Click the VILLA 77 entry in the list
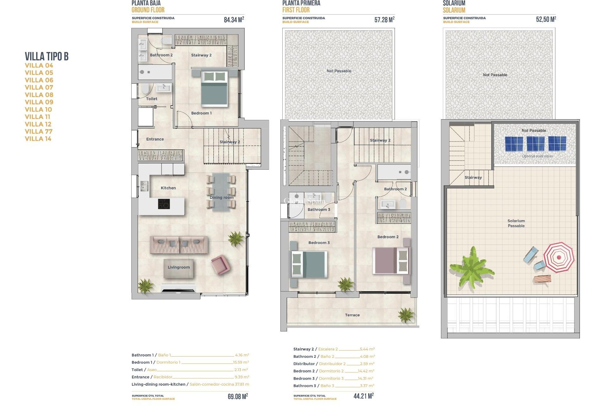point(39,131)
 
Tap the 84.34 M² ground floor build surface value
point(234,20)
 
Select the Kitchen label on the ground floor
point(168,188)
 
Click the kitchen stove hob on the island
point(164,204)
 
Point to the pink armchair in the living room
point(220,264)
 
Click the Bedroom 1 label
point(201,113)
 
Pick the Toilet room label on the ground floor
point(152,99)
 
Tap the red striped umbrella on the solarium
point(559,257)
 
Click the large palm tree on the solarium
point(471,270)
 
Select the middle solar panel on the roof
point(535,144)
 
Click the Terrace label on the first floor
point(352,315)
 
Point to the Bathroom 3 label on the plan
point(319,210)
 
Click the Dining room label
point(221,198)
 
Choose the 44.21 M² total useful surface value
point(363,396)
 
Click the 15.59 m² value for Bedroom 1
point(241,362)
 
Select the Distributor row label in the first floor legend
point(304,364)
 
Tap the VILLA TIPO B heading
point(47,56)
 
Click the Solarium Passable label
point(516,223)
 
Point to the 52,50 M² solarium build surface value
point(546,19)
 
